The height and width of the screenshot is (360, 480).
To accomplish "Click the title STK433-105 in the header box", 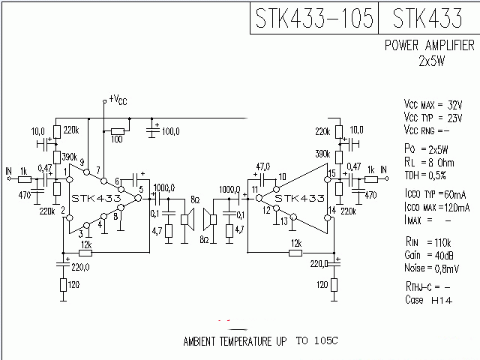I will (x=313, y=18).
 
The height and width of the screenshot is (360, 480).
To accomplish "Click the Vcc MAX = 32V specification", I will (x=433, y=103).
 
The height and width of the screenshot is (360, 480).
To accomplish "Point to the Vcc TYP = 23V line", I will (x=433, y=117).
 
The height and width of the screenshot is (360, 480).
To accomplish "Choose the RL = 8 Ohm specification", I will (x=430, y=161).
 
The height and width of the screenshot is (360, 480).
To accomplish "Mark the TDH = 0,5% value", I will (x=424, y=175).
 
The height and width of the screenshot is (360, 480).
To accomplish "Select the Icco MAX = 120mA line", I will (x=436, y=207).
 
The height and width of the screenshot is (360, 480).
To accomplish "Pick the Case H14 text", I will (x=423, y=300).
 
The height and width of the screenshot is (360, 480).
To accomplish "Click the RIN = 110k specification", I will (x=427, y=243).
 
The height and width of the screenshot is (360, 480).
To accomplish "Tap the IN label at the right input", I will (x=384, y=171).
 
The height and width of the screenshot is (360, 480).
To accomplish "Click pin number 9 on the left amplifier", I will (x=82, y=162).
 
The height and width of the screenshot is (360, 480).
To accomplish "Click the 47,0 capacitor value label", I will (x=262, y=166).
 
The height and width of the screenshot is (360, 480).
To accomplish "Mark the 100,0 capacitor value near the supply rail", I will (x=170, y=132).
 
